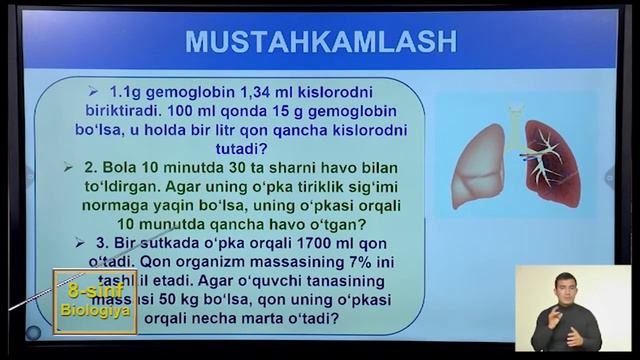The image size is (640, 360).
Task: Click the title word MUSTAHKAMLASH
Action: pos(320,42)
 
